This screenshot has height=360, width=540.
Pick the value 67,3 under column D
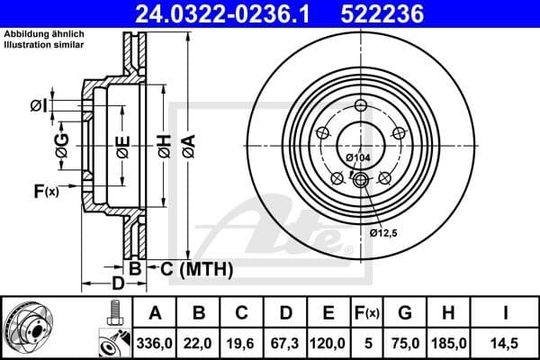[286, 342]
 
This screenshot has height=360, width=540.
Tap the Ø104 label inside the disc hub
[358, 158]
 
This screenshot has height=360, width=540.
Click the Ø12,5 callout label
[383, 232]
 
